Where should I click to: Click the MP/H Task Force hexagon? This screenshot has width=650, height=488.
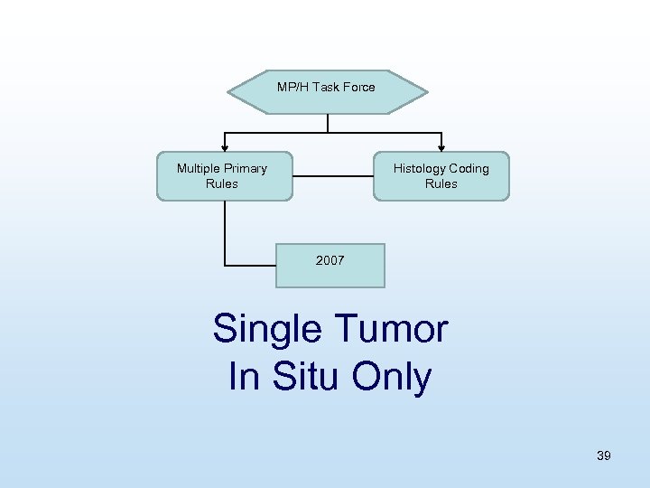point(327,91)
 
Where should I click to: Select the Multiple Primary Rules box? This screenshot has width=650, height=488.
point(225,175)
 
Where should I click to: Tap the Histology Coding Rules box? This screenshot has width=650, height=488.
point(441,175)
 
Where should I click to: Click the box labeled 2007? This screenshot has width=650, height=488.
point(330,265)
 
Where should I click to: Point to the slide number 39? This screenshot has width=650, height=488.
point(604,455)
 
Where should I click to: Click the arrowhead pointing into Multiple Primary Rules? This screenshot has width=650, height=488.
point(225,146)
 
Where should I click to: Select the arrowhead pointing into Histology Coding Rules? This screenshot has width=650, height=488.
point(441,146)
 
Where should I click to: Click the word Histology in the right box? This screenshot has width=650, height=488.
point(420,168)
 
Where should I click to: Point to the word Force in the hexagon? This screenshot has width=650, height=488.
point(358,87)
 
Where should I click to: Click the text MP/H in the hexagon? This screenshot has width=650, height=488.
point(292,87)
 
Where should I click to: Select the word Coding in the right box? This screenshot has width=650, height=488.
point(469,168)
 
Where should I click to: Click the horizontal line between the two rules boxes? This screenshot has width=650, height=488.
point(333,176)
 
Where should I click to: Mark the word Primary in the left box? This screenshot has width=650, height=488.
point(246,168)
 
